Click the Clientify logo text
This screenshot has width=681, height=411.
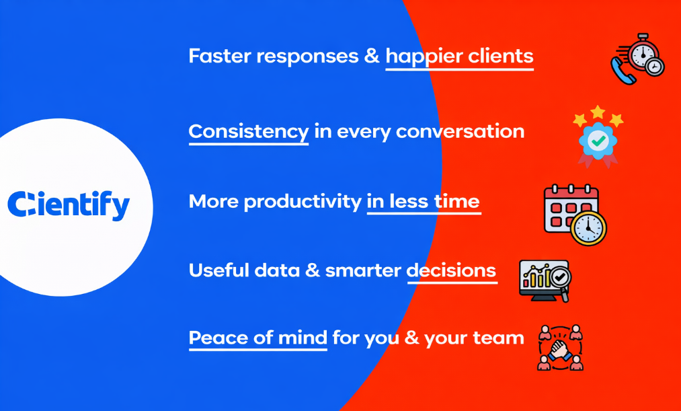(68, 204)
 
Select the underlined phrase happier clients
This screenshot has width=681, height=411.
(459, 57)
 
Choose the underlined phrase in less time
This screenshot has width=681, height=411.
(423, 202)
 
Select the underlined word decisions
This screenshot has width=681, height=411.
(452, 270)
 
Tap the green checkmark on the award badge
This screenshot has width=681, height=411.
(598, 140)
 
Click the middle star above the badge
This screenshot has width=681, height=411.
(598, 111)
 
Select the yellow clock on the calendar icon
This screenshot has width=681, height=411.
(588, 228)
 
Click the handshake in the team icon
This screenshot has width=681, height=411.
(559, 348)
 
